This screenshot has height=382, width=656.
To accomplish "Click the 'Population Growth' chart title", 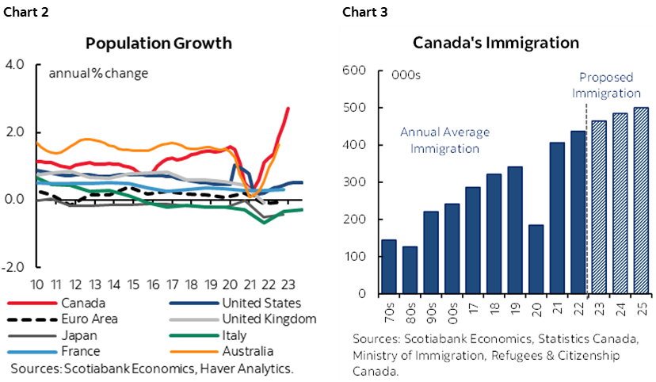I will pyautogui.click(x=158, y=43).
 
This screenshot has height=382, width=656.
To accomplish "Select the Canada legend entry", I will pyautogui.click(x=83, y=302).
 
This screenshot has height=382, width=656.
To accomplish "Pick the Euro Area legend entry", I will pyautogui.click(x=91, y=319).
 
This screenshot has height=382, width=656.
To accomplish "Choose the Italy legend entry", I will pyautogui.click(x=235, y=335).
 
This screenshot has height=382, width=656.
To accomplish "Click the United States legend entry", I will pyautogui.click(x=261, y=302).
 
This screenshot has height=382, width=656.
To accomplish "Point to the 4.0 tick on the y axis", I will pyautogui.click(x=16, y=64).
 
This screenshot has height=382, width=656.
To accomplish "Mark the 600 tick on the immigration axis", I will pyautogui.click(x=354, y=71).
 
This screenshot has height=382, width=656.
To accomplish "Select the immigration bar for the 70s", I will pyautogui.click(x=389, y=266).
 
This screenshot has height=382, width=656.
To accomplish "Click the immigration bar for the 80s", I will pyautogui.click(x=410, y=269).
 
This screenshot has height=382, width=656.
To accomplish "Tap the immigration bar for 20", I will pyautogui.click(x=535, y=259).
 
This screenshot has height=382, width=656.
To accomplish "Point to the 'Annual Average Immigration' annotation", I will pyautogui.click(x=444, y=139).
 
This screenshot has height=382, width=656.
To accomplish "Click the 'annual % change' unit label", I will pyautogui.click(x=98, y=74).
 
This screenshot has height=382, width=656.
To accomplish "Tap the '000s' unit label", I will pyautogui.click(x=406, y=76).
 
